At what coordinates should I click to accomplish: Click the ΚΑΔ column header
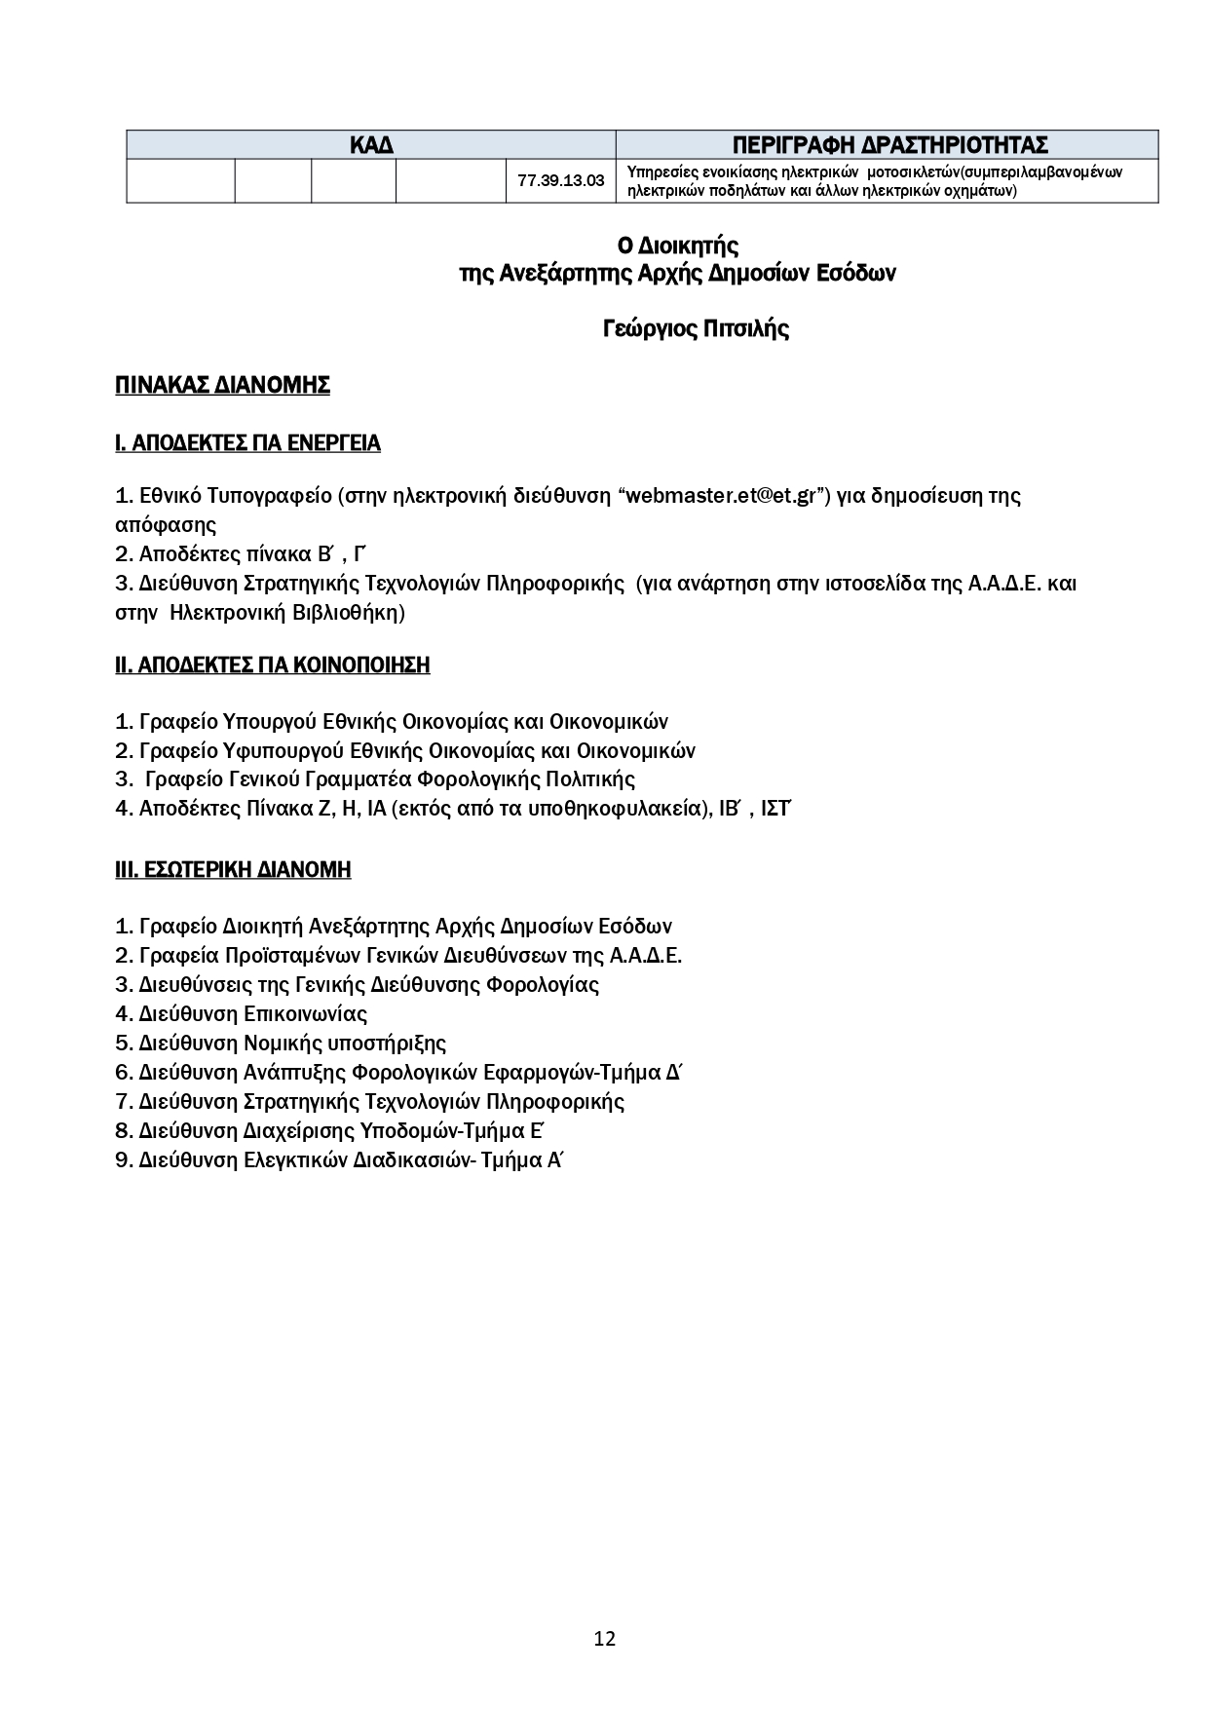point(371,145)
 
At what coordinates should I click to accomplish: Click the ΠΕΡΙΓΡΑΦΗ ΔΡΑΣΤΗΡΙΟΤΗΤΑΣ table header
point(888,145)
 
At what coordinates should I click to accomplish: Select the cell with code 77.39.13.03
point(560,181)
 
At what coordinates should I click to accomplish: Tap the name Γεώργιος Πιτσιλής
point(696,329)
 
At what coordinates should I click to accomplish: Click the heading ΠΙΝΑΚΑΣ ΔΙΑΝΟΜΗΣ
point(222,386)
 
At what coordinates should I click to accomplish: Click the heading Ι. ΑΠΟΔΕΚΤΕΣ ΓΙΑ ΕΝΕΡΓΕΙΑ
point(247,444)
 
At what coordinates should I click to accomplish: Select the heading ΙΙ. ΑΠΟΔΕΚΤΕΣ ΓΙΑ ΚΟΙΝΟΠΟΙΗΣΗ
point(272,665)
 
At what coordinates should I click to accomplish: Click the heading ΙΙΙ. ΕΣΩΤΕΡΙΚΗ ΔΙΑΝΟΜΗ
point(233,870)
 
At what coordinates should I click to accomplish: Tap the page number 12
point(604,1639)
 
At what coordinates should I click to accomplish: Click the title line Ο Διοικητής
point(678,246)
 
